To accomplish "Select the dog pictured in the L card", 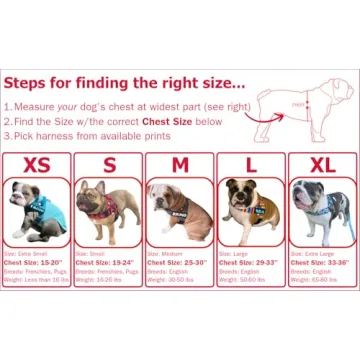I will coord(250,211).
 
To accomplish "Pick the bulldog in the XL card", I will coord(322,211).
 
